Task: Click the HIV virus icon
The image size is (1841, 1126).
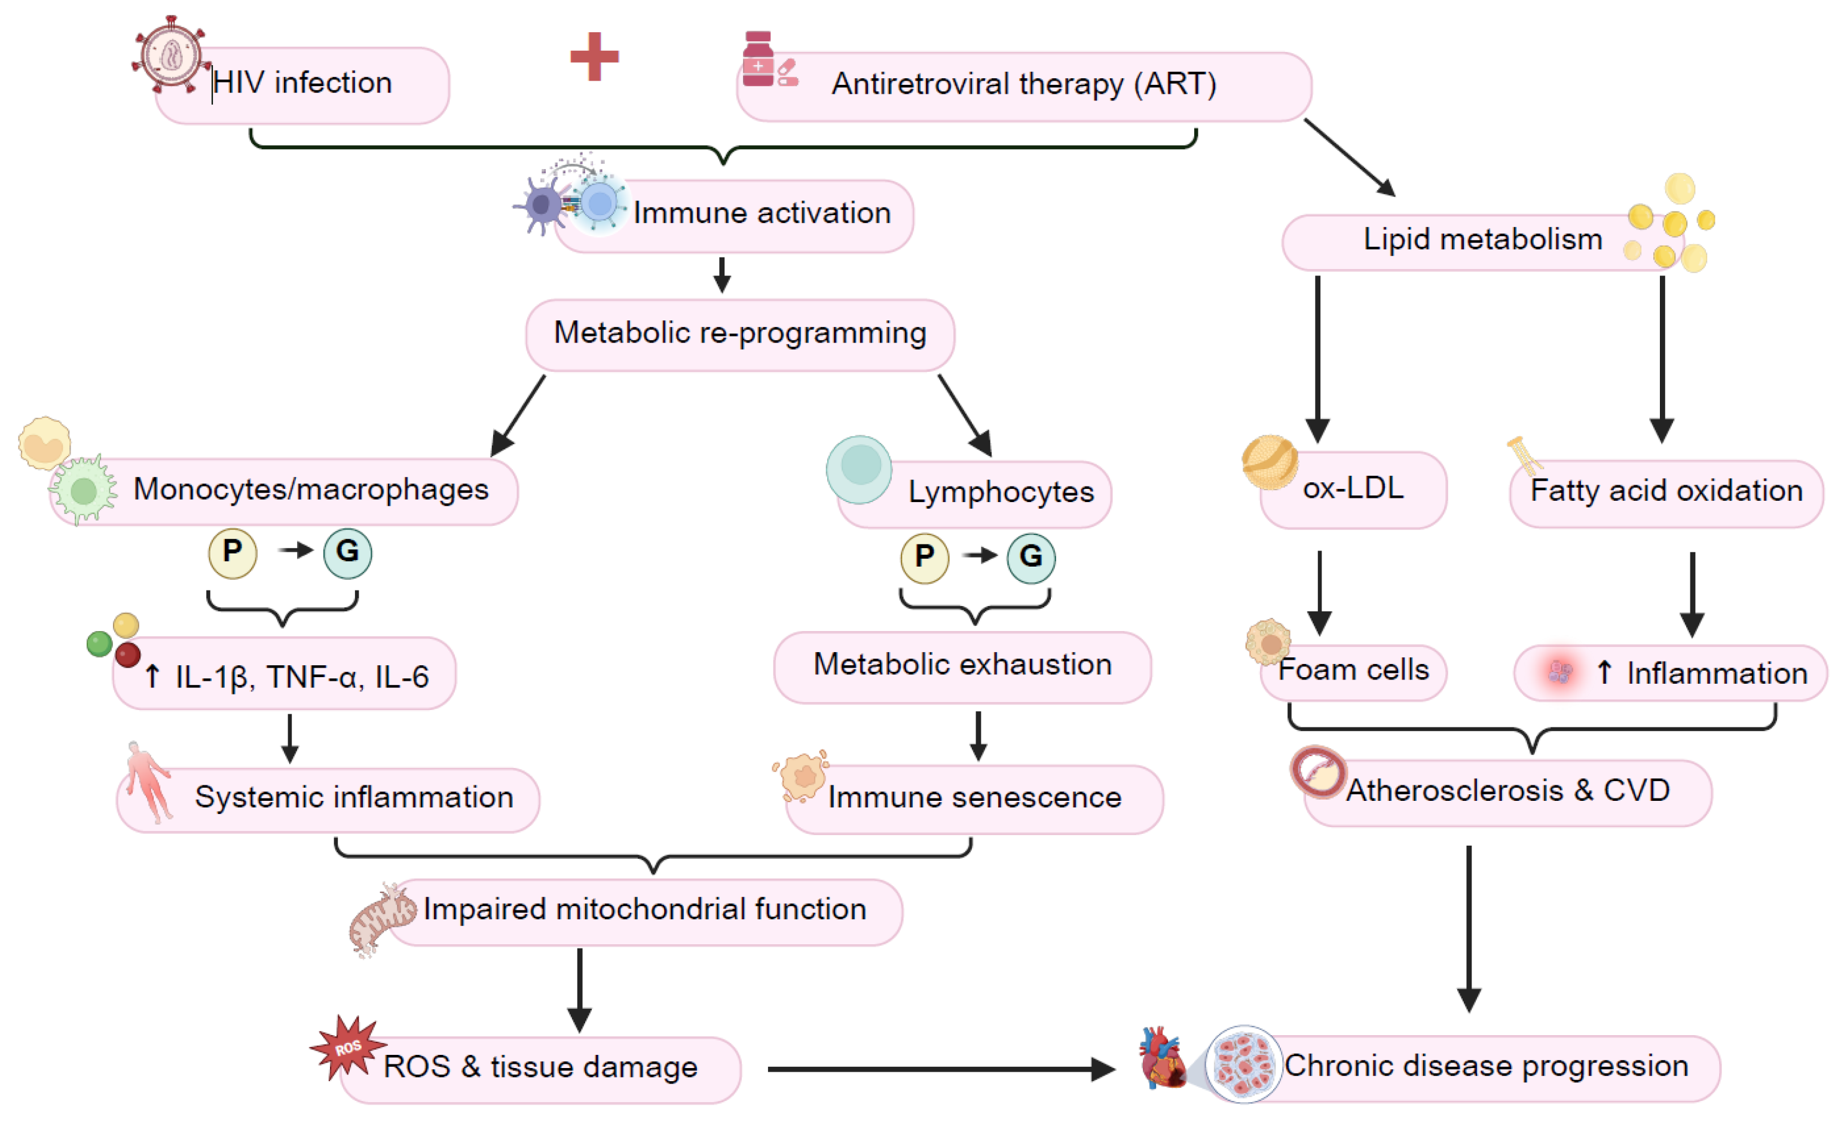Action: pyautogui.click(x=170, y=54)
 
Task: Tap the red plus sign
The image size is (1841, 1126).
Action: pyautogui.click(x=594, y=56)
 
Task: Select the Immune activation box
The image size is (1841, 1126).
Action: pyautogui.click(x=734, y=215)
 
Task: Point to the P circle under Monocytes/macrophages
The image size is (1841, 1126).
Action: pyautogui.click(x=233, y=553)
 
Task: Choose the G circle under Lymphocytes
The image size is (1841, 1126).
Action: pyautogui.click(x=1031, y=558)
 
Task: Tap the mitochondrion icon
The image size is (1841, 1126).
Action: pyautogui.click(x=382, y=919)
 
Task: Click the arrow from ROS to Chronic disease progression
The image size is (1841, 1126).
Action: pyautogui.click(x=941, y=1069)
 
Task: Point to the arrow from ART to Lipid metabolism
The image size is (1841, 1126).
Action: pyautogui.click(x=1350, y=158)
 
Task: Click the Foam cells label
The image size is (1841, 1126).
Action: pyautogui.click(x=1353, y=669)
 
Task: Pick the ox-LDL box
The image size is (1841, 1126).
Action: pyautogui.click(x=1353, y=489)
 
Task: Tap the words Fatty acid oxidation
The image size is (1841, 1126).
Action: pyautogui.click(x=1666, y=491)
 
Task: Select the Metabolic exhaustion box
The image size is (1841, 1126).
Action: pyautogui.click(x=962, y=667)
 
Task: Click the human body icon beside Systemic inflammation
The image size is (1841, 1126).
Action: pyautogui.click(x=149, y=782)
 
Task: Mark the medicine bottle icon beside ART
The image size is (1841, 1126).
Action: pyautogui.click(x=758, y=59)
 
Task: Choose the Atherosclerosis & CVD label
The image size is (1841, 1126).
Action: pyautogui.click(x=1507, y=790)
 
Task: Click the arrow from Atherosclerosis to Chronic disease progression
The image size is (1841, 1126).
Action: pyautogui.click(x=1469, y=929)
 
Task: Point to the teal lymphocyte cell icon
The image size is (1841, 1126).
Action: pyautogui.click(x=860, y=469)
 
